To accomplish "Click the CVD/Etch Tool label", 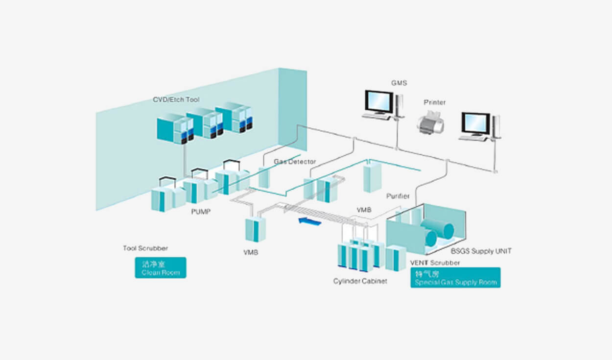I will [176, 100].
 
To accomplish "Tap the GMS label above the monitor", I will [399, 83].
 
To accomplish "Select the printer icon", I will [431, 122].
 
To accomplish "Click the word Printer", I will [435, 103].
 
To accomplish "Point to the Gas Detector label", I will [295, 161].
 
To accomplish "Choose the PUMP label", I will [201, 213].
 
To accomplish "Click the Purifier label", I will [398, 196].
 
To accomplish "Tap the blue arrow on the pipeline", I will [309, 222].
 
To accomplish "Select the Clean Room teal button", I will [161, 268].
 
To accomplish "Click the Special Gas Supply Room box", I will [455, 277].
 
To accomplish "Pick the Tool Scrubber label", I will [145, 248].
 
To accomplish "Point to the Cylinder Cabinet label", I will [360, 281].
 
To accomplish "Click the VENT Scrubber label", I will [435, 263].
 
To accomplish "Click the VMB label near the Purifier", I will [364, 210].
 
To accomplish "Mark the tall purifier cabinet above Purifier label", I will [373, 177].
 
